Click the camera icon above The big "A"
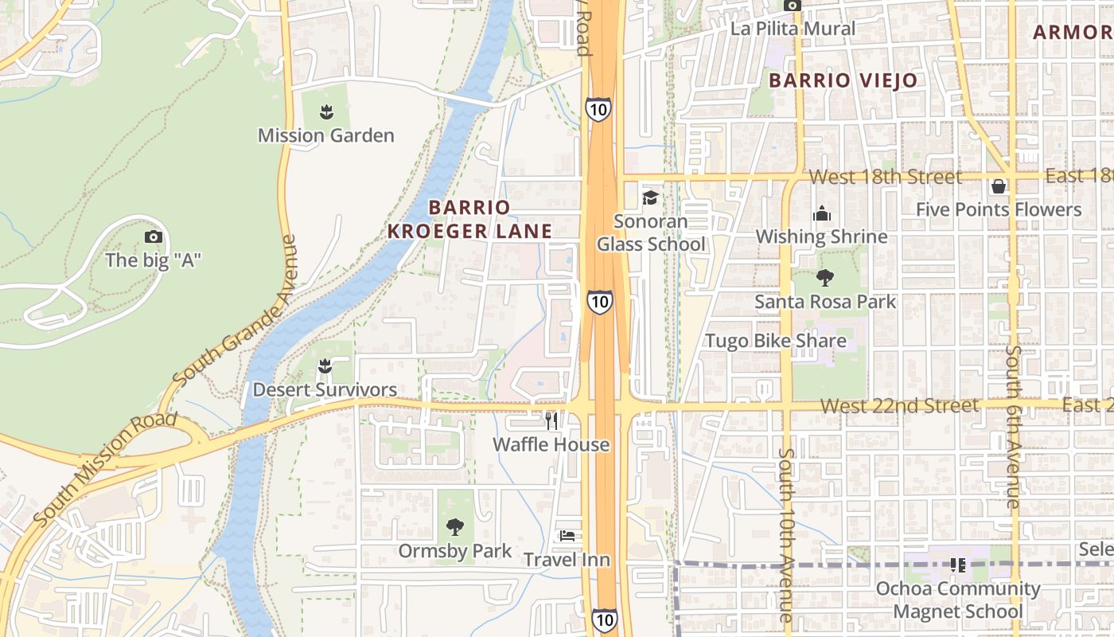pos(154,236)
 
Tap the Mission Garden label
pos(325,135)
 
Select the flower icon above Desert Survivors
pos(324,366)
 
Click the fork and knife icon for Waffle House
pos(551,420)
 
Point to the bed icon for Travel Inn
pos(567,535)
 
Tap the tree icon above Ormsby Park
pos(454,526)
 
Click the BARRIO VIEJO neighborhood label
pos(843,80)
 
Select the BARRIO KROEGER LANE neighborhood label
pos(469,219)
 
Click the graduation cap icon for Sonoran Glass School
pos(650,197)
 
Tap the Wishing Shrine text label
pos(821,236)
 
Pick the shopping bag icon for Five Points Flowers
pos(998,186)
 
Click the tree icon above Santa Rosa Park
pos(824,278)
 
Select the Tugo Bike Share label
pos(775,341)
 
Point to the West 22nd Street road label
pos(899,406)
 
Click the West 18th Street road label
pos(885,177)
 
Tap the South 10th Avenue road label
pos(786,535)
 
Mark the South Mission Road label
pos(105,469)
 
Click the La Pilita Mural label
pos(793,29)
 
